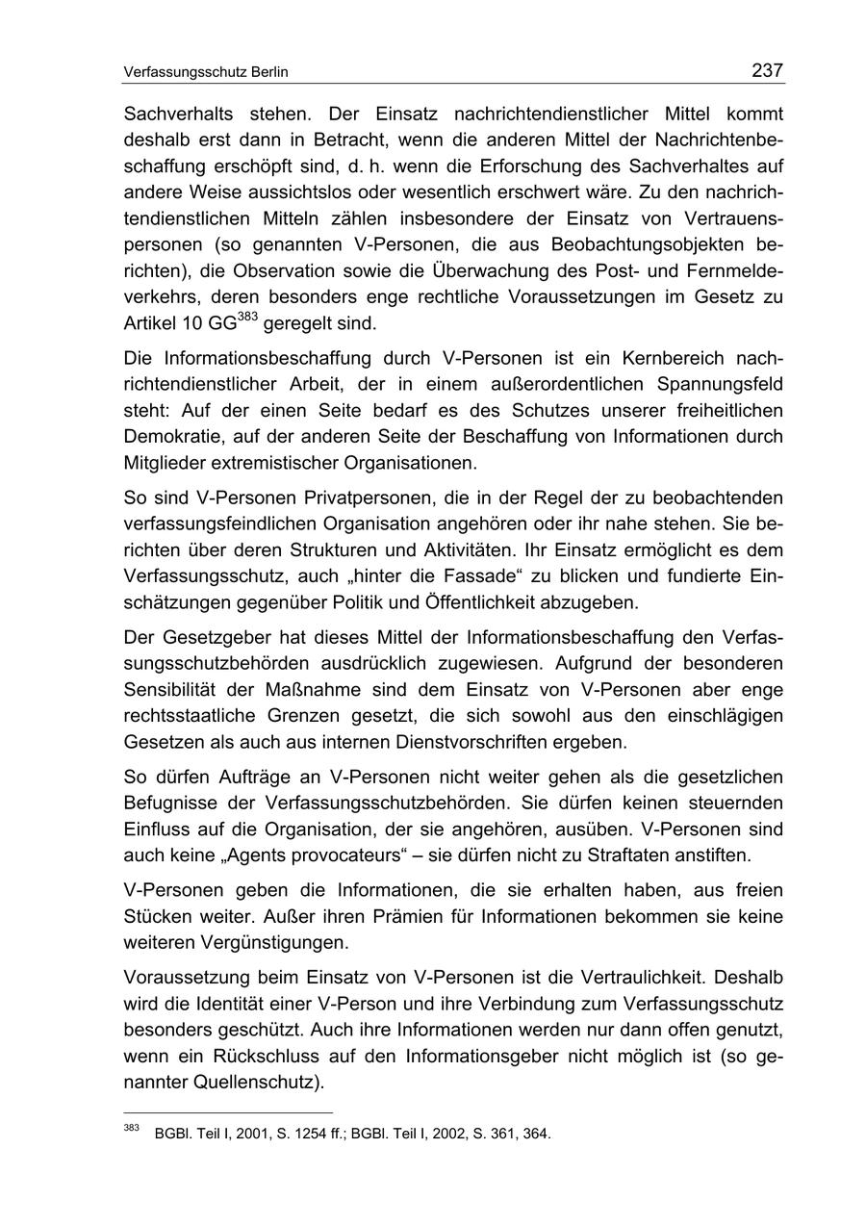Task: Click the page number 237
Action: coord(767,70)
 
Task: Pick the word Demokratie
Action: coord(169,436)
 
